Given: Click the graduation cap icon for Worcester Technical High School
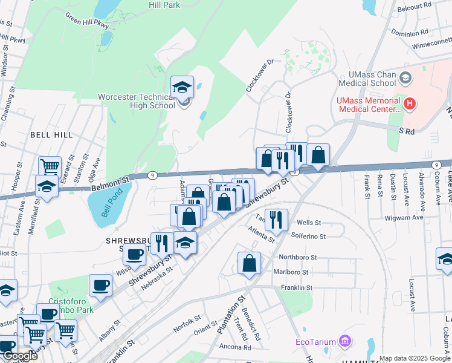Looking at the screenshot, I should [x=182, y=87].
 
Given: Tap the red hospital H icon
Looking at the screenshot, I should [x=410, y=103].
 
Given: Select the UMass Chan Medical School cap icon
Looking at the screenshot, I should [x=405, y=78].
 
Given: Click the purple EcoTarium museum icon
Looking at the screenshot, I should [x=344, y=342].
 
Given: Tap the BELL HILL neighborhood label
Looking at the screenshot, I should [x=51, y=135].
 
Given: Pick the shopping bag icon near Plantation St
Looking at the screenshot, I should [x=249, y=263].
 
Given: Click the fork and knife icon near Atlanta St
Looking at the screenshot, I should [x=276, y=220].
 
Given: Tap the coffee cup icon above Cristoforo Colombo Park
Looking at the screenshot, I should [x=100, y=286].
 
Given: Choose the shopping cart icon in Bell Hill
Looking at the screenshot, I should [x=50, y=166].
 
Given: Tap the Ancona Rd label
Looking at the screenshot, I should [x=235, y=347].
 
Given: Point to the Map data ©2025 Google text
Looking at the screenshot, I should [x=415, y=358].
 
